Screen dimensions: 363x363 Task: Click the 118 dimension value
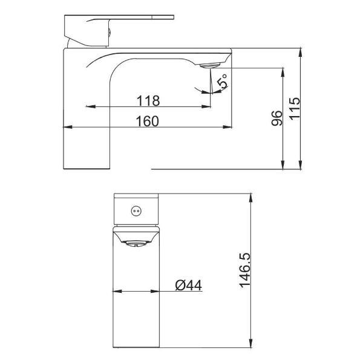tap(148, 100)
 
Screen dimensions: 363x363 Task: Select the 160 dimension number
tap(148, 121)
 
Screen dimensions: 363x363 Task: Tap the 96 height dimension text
tap(277, 118)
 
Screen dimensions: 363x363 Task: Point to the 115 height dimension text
tap(295, 109)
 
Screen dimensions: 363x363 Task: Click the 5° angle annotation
tap(223, 81)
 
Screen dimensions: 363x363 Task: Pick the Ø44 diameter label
tap(188, 285)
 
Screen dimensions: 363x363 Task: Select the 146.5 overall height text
tap(245, 270)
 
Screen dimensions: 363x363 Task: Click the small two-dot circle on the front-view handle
tap(136, 211)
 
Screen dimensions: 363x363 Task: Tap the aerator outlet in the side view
tap(210, 65)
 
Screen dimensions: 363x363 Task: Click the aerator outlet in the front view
tap(136, 244)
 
